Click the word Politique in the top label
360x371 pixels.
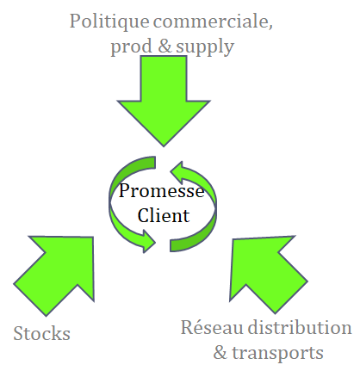tap(109, 22)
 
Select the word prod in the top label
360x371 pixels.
tap(131, 47)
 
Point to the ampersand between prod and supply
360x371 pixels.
tap(164, 46)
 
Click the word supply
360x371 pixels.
tap(205, 47)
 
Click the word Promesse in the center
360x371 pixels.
tap(161, 190)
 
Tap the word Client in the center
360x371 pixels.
tap(164, 215)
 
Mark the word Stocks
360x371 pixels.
tap(42, 333)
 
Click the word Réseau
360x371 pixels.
tap(212, 327)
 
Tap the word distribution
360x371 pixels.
tap(300, 327)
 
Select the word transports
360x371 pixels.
tap(277, 354)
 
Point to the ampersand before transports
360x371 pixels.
tap(220, 352)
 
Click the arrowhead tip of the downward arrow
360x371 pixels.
tap(164, 146)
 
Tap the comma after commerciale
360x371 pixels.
tap(270, 28)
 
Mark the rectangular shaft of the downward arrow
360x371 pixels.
tap(164, 78)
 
